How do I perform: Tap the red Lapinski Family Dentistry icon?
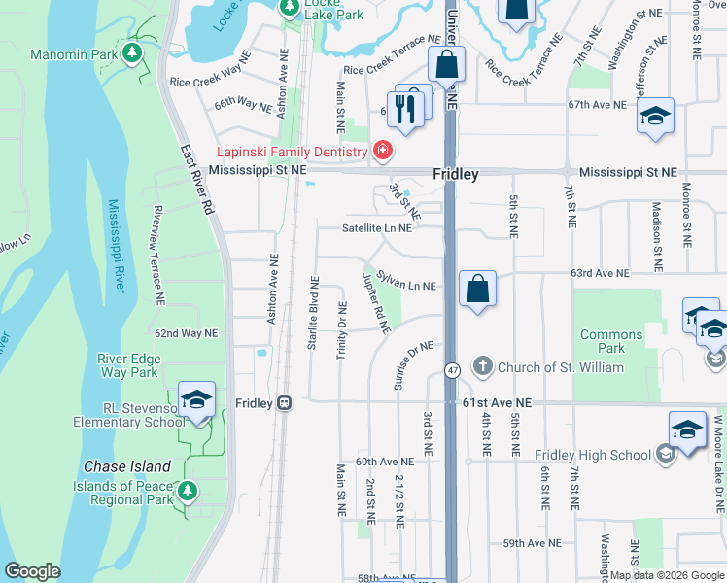383,151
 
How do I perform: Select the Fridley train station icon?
284,402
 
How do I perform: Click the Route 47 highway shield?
453,370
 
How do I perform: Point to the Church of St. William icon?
483,366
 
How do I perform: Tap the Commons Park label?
610,341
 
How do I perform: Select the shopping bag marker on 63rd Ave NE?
477,290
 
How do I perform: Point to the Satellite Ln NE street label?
376,229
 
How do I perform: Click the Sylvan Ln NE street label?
406,286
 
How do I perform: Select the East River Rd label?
196,181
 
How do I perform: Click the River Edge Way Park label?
128,365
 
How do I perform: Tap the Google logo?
33,571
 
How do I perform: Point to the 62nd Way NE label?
184,332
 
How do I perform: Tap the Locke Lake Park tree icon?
290,7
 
